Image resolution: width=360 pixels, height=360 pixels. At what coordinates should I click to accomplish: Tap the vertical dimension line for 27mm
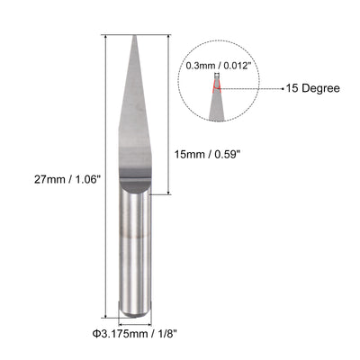click(106, 180)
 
